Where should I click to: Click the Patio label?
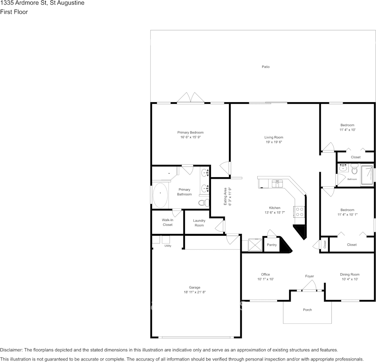(265, 67)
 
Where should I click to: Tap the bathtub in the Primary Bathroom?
(160, 195)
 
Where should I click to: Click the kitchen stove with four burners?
(299, 212)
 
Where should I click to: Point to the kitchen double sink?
(277, 184)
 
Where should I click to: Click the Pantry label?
(271, 245)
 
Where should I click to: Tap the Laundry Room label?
(199, 223)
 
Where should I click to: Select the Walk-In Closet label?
(167, 222)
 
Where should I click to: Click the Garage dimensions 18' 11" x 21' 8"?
(195, 292)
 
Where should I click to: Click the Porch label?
(307, 310)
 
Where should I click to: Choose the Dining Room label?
(350, 274)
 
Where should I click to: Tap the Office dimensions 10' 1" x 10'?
(265, 279)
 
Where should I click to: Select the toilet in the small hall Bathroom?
(354, 169)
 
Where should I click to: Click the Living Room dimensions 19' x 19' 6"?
(273, 142)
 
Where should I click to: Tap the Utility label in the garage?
(168, 246)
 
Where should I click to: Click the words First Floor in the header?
(14, 12)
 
